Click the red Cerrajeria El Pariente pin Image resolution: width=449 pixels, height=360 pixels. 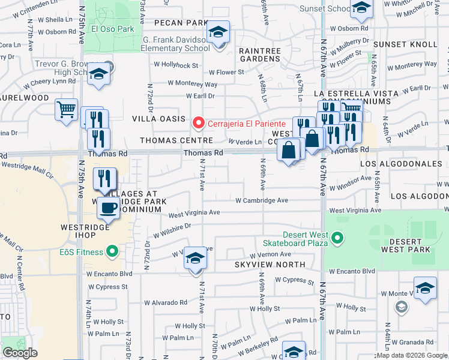(199, 123)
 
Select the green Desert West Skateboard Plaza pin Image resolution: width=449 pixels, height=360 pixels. (337, 238)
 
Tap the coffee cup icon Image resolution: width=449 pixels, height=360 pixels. (108, 208)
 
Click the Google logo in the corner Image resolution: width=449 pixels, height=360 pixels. (20, 353)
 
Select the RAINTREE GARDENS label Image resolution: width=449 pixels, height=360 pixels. (260, 55)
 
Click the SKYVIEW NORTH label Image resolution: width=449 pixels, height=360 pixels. (270, 265)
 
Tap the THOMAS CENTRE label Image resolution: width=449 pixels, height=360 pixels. (176, 140)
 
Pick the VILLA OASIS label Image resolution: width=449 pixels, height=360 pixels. (159, 119)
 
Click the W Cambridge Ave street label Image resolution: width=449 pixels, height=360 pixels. (262, 200)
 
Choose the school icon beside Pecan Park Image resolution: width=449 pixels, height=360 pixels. (218, 32)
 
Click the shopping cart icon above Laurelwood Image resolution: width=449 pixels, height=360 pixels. (67, 110)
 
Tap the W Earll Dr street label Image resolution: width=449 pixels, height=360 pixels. (200, 95)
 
